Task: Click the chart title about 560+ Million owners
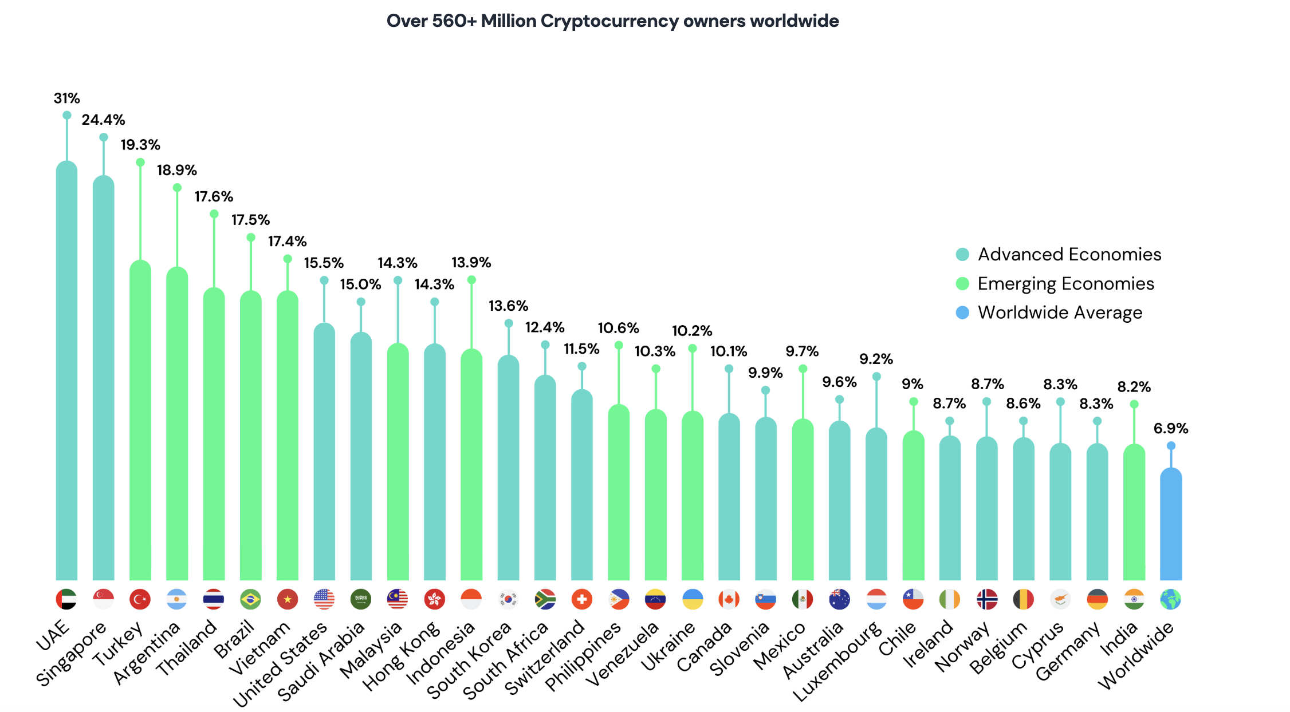pos(612,21)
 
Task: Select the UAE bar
pos(66,372)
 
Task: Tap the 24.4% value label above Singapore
pos(103,120)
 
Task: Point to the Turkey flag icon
pos(140,599)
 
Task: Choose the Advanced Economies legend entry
pos(1069,254)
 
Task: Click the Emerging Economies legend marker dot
pos(962,284)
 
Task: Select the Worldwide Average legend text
pos(1060,313)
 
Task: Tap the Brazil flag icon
pos(250,599)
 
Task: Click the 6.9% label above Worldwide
pos(1171,428)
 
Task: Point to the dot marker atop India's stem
pos(1134,404)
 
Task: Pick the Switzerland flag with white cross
pos(581,599)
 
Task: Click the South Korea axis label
pos(470,661)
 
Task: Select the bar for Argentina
pos(177,424)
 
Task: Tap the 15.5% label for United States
pos(324,263)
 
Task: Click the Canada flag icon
pos(729,599)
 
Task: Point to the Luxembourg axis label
pos(837,661)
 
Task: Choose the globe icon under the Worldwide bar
pos(1171,599)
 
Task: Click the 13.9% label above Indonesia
pos(471,262)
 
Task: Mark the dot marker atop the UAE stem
pos(67,115)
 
